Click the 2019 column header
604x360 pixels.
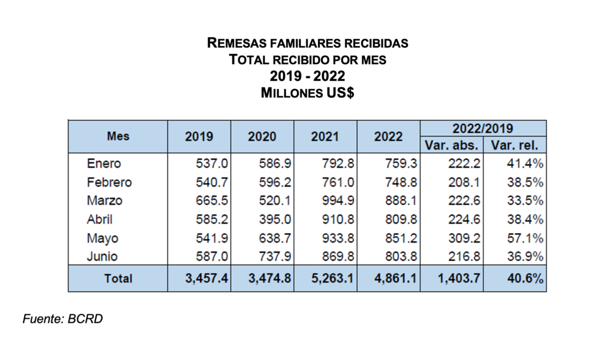[x=199, y=136]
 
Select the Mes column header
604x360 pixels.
[x=118, y=136]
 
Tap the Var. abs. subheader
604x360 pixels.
[x=452, y=145]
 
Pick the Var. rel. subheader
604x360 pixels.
[x=515, y=145]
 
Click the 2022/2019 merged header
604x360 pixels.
[x=483, y=128]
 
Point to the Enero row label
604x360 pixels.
[x=104, y=163]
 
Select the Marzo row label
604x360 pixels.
[x=105, y=201]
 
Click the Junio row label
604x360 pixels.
[x=103, y=257]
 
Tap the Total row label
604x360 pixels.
[x=119, y=279]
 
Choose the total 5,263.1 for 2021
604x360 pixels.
[x=330, y=279]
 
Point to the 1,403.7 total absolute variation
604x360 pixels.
[x=457, y=279]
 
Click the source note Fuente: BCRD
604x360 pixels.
[x=63, y=319]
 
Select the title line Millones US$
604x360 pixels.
[x=307, y=93]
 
